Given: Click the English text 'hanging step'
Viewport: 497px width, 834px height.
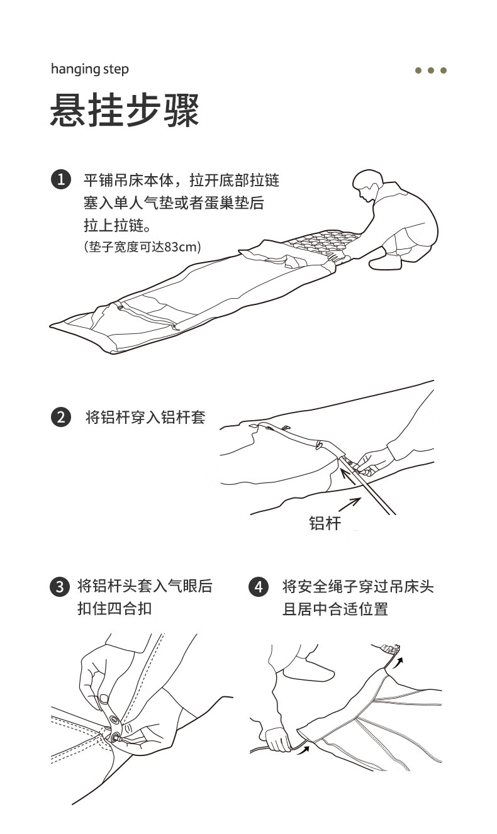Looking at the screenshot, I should (89, 69).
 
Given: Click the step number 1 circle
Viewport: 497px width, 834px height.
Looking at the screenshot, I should (60, 180).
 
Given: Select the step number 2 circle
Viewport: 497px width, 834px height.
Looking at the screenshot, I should (60, 417).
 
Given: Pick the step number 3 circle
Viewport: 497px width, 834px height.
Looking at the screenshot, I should (59, 587).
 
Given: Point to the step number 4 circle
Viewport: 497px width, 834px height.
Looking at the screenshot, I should (259, 587).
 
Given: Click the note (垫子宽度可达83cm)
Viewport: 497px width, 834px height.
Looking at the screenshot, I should (142, 247).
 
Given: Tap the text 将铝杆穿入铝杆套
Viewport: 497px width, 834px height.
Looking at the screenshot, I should (145, 418).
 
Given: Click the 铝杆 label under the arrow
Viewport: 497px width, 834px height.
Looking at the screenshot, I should (325, 523).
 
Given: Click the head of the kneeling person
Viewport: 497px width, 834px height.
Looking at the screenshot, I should (366, 186).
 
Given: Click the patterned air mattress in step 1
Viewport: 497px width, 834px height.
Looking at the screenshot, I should (321, 243).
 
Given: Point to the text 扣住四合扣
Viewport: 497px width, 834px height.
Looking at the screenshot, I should (114, 609).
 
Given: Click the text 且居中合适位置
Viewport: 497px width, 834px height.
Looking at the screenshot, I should (335, 609).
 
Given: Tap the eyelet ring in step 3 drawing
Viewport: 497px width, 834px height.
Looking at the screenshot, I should (114, 720).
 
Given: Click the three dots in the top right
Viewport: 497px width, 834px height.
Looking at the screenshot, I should (431, 70).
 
